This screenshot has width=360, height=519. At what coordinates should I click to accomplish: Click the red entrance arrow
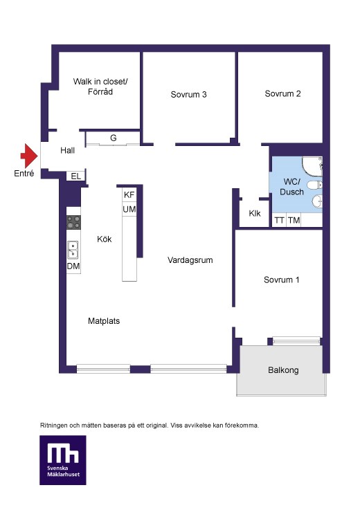click(29, 156)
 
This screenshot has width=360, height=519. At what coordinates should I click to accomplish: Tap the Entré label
click(24, 173)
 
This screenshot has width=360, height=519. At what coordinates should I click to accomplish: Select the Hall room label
click(68, 151)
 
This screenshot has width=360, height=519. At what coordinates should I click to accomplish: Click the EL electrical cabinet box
click(76, 176)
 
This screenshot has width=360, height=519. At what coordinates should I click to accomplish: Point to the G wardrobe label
click(114, 138)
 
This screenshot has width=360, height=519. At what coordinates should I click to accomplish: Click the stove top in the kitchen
click(73, 222)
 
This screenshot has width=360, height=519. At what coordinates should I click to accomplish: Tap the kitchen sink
click(73, 250)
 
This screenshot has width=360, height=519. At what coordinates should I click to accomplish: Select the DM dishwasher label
click(73, 266)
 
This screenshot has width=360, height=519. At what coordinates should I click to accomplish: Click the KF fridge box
click(129, 194)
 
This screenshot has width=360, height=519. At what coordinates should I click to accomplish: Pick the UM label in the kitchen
click(129, 209)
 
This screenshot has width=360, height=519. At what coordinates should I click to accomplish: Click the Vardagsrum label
click(190, 260)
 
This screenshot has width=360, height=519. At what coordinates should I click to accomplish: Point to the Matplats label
click(104, 321)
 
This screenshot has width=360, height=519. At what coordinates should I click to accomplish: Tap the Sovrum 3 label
click(188, 95)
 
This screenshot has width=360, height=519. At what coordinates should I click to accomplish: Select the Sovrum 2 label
click(283, 93)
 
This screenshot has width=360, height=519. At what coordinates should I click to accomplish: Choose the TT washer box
click(279, 220)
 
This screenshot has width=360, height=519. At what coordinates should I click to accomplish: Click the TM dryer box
click(294, 220)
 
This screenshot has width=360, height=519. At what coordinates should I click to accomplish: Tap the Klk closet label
click(255, 214)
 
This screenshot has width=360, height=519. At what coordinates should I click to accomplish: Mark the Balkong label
click(283, 370)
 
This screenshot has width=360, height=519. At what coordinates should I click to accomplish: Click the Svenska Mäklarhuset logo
click(63, 460)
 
